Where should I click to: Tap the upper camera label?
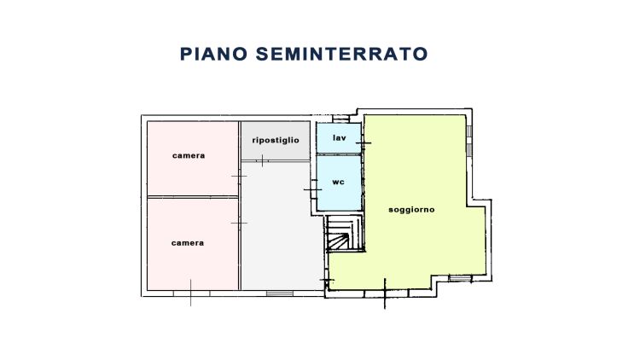188,155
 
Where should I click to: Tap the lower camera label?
188,242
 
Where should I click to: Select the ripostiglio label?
275,140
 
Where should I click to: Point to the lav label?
338,137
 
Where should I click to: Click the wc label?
338,181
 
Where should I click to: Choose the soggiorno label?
411,209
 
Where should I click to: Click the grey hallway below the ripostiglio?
275,226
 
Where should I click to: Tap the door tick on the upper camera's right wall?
240,176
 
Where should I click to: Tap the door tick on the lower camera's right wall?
240,224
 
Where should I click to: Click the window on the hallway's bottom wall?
277,293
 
